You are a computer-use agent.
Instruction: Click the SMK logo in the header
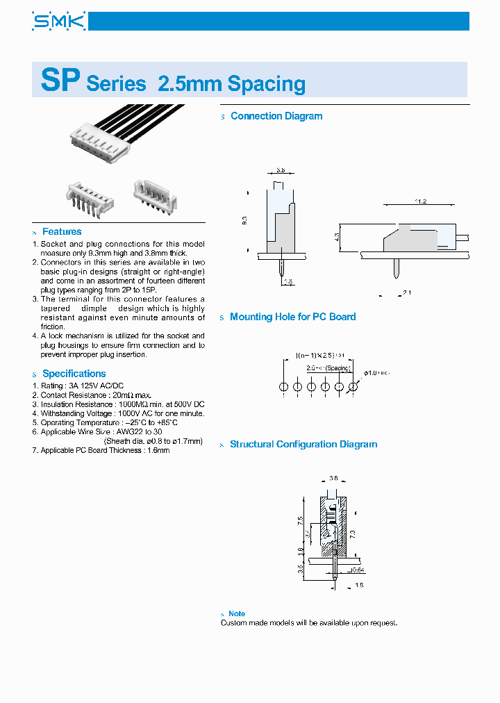click(58, 22)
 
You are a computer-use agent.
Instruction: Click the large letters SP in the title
click(60, 81)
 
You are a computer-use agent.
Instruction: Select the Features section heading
click(62, 231)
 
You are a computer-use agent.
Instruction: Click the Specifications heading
click(74, 373)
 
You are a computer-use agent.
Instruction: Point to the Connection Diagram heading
click(276, 116)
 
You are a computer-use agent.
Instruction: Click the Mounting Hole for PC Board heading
click(292, 317)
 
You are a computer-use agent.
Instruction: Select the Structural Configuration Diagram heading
click(303, 444)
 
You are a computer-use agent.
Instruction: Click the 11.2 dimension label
click(420, 201)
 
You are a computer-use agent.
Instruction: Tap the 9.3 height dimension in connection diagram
click(244, 220)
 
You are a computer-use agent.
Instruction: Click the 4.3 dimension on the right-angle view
click(337, 238)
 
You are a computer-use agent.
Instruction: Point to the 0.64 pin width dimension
click(357, 570)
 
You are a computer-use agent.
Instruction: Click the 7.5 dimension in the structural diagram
click(299, 520)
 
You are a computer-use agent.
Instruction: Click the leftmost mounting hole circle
click(283, 386)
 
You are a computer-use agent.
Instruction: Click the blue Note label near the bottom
click(237, 613)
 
